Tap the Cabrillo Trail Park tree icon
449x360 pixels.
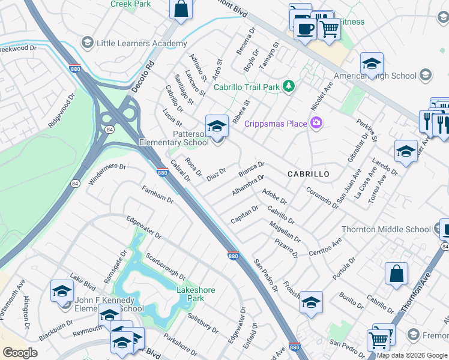(x=289, y=86)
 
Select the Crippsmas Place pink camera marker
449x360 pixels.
(x=316, y=124)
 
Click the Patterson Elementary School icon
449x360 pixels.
(x=217, y=126)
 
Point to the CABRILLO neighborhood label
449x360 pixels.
(x=308, y=173)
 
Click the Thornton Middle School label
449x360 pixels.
(x=386, y=229)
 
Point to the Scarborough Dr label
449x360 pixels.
(x=165, y=264)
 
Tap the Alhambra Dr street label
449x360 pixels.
(x=247, y=186)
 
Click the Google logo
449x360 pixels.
(x=20, y=353)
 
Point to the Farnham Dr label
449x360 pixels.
(x=157, y=194)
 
